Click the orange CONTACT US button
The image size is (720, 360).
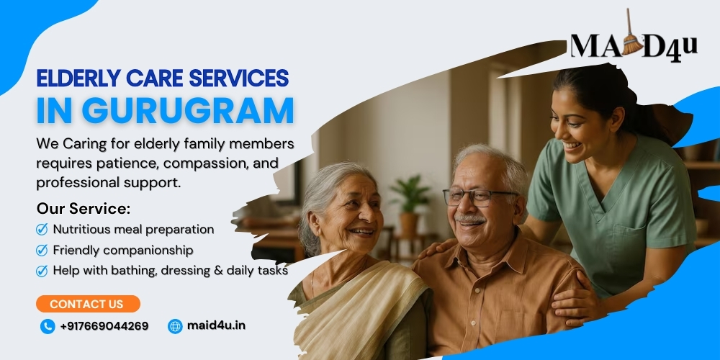coord(88,304)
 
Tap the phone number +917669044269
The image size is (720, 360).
coord(104,326)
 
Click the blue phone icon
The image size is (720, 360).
coord(48,326)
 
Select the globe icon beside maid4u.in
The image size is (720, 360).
coord(175,326)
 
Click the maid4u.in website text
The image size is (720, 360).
coord(216,325)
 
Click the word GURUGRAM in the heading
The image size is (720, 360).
coord(188,110)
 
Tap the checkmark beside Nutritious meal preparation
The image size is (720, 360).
coord(42,229)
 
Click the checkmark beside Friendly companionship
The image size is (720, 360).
coord(42,251)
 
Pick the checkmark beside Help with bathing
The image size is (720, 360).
coord(42,271)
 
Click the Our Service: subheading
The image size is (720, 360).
coord(84,209)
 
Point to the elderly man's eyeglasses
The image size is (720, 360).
coord(477,197)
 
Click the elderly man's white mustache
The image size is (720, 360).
coord(469,220)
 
